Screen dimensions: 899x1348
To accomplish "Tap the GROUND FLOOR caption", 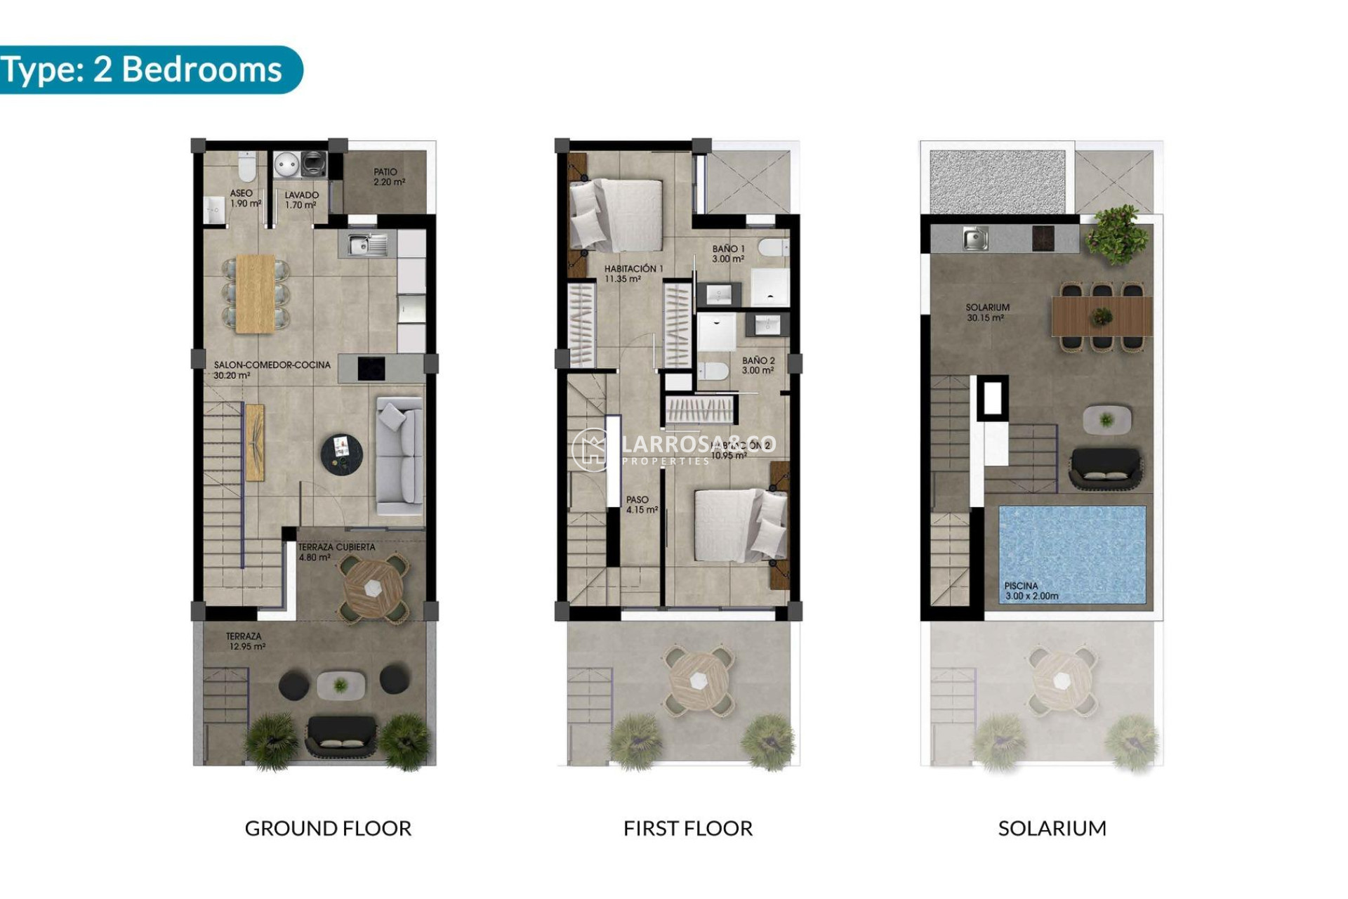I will pos(328,829).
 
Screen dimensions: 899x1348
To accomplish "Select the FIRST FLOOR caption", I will pos(687,829).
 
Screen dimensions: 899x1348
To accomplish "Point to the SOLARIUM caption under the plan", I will pos(1052,829).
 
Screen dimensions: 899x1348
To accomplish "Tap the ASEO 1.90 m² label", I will pos(244,198).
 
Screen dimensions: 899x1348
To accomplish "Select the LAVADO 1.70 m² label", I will pos(301,200).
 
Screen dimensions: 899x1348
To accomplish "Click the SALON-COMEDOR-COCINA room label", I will pos(271,370).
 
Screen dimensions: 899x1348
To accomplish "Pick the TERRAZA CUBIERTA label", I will pos(336,552).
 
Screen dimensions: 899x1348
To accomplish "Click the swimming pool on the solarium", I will pos(1071,553).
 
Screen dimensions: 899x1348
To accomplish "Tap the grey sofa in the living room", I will pos(400,456).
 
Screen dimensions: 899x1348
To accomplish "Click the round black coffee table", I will pos(342,453).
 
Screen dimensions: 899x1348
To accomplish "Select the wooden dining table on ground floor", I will pos(255,293).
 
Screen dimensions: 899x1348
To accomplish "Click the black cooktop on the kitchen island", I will pos(371,368).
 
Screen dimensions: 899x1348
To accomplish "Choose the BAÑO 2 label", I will pos(758,365).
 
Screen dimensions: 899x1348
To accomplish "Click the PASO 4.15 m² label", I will pos(641,505).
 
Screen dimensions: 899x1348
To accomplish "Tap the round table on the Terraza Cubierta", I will pos(373,588).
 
